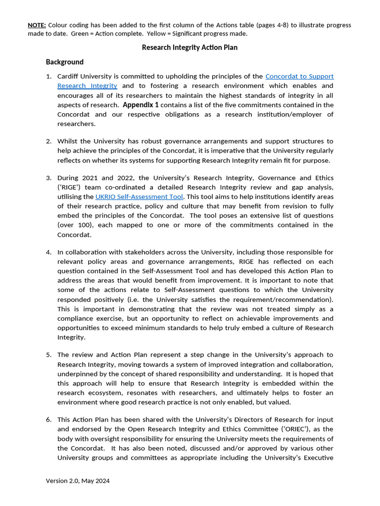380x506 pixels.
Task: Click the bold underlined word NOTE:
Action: point(37,25)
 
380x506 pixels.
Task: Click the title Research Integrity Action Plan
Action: point(190,47)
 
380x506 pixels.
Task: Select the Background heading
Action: point(65,62)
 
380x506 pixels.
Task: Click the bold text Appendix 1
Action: point(141,105)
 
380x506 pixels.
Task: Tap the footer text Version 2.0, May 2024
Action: point(78,481)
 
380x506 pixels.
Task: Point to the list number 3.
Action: point(49,178)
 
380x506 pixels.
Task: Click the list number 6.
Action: point(49,420)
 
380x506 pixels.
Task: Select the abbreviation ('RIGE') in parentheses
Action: point(70,187)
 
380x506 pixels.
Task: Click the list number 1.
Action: point(49,76)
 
